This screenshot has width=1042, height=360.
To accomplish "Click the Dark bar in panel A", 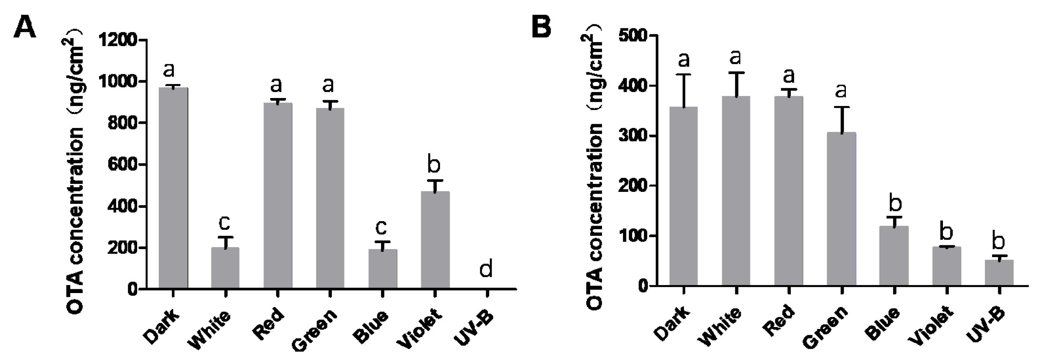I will coord(173,188).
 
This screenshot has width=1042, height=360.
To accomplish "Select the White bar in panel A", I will coord(225,268).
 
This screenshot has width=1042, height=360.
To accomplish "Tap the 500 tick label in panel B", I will coord(634,36).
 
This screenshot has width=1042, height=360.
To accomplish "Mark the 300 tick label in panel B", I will coord(634,136).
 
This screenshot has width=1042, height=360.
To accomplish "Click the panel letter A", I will coord(25,28).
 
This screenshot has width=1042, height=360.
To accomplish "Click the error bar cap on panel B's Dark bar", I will coord(684,74).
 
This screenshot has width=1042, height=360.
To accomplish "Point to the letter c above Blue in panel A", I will coord(381,227).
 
